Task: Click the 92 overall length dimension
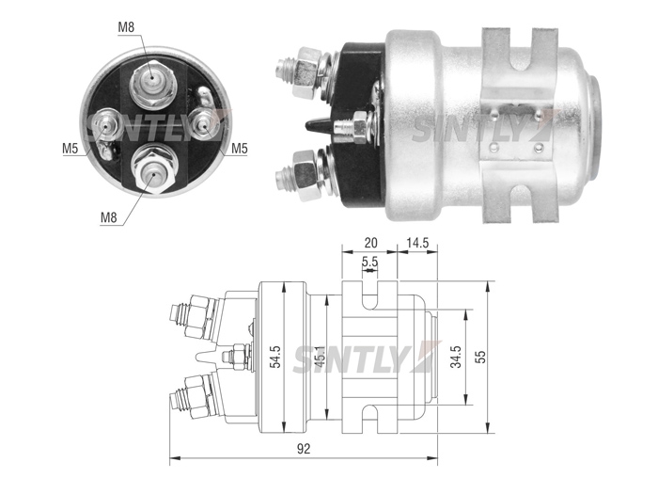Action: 304,449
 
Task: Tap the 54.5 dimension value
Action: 275,357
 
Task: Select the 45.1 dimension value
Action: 319,358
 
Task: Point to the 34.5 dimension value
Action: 455,357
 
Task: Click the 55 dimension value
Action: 480,357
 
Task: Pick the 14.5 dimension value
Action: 416,243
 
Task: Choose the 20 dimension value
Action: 370,243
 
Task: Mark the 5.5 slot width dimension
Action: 369,263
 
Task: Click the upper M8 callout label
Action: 126,27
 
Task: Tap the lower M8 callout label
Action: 108,217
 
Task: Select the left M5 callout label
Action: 70,149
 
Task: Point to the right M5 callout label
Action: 239,149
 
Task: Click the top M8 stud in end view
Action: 151,83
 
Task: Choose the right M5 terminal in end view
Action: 204,124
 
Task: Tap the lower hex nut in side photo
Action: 305,176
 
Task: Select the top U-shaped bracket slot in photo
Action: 521,50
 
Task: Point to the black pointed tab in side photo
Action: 318,125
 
